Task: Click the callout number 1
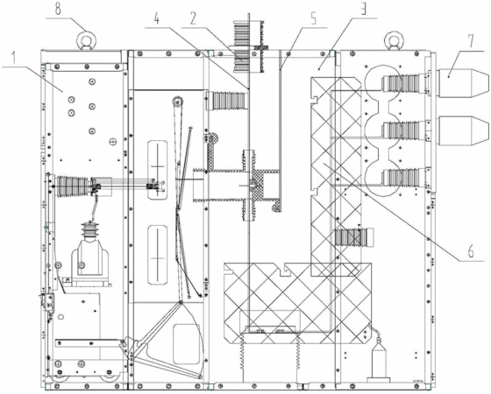(13, 58)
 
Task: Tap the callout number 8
(58, 9)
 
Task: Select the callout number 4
(156, 19)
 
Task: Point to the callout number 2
(193, 18)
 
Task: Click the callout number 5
(314, 18)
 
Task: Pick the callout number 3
(363, 10)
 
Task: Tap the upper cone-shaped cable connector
(463, 83)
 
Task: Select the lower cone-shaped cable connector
(463, 130)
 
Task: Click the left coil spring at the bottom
(242, 350)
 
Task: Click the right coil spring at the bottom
(298, 350)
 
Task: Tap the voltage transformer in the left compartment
(90, 253)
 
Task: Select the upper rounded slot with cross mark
(157, 170)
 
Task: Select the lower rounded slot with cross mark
(157, 255)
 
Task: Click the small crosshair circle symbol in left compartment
(112, 142)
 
